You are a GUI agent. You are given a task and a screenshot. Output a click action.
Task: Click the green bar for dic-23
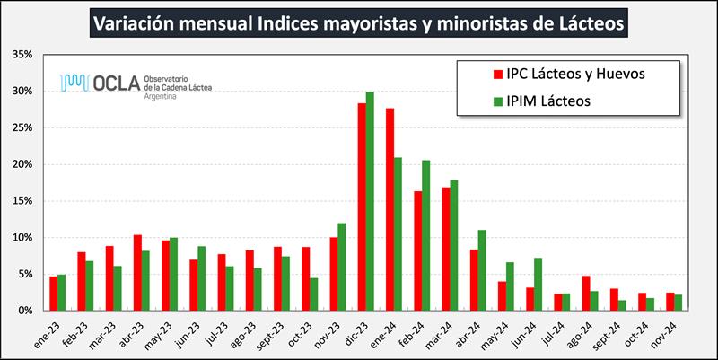(370, 201)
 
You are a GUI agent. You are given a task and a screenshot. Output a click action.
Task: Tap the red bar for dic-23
(362, 206)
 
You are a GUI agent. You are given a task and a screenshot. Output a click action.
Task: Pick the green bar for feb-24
(426, 235)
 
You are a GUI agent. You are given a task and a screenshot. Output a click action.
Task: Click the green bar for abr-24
(482, 270)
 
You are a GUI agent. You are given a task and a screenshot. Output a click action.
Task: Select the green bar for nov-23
(342, 267)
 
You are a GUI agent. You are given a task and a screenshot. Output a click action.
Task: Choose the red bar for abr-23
(137, 273)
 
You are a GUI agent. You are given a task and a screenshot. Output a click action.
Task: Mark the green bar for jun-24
(538, 284)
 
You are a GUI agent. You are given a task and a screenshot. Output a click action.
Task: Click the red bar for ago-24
(585, 293)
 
